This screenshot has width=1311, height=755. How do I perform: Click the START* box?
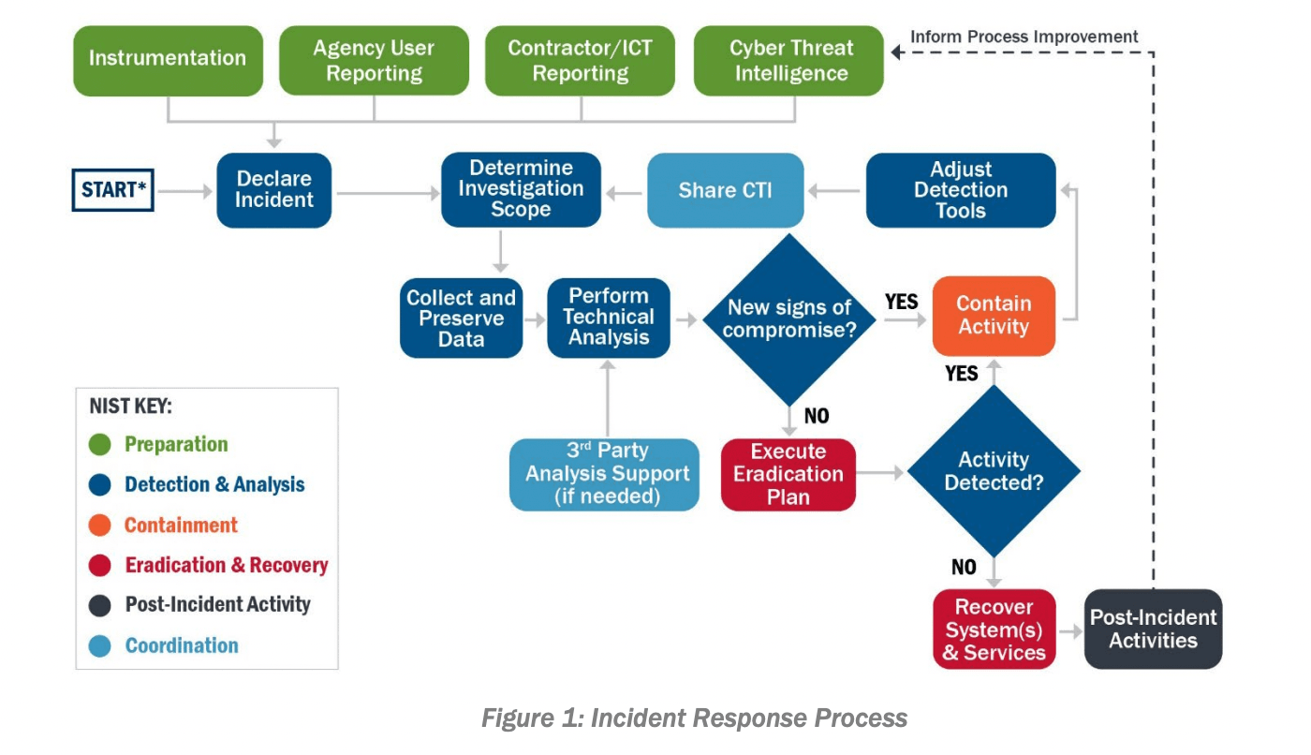113,190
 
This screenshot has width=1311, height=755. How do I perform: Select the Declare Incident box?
274,190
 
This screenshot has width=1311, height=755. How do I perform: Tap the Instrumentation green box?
168,60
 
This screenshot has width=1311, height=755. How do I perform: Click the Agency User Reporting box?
374,60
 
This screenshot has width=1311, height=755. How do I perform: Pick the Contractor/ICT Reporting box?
580,60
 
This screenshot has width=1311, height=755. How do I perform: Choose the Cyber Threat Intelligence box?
789,60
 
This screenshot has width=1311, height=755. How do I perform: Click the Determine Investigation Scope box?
521,190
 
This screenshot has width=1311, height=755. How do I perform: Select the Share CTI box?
726,191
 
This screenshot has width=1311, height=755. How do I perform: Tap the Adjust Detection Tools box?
961,190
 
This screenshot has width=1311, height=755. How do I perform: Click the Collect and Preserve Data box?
461,318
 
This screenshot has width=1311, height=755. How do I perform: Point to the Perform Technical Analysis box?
609,318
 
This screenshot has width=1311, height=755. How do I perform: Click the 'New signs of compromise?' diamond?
789,319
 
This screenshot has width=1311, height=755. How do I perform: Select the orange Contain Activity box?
994,316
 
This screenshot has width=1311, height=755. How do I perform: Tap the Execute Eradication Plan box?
788,474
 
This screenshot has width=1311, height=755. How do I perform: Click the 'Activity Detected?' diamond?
994,471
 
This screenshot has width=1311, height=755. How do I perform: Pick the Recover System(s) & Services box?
994,629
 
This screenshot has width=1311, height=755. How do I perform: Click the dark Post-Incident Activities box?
1153,629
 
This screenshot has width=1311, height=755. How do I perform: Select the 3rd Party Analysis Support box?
605,474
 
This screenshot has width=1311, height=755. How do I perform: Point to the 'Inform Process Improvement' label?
1024,37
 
